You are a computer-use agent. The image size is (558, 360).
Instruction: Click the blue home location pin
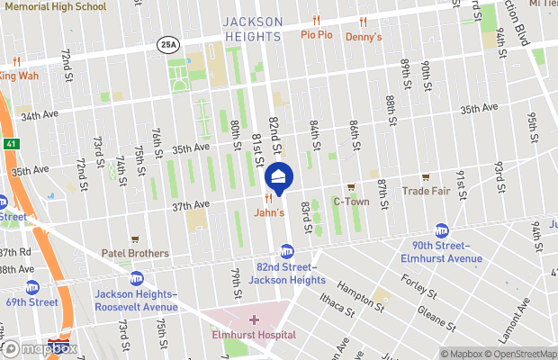pyautogui.click(x=279, y=177)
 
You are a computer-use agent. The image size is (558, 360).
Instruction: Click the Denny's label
pyautogui.click(x=364, y=37)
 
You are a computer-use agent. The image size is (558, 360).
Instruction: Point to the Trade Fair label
pyautogui.click(x=425, y=190)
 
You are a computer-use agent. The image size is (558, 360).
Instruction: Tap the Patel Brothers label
pyautogui.click(x=134, y=253)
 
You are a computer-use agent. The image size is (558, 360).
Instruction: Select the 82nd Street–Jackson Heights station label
pyautogui.click(x=286, y=274)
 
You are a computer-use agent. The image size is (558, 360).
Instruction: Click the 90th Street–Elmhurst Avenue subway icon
pyautogui.click(x=442, y=230)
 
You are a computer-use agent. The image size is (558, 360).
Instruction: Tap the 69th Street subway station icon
pyautogui.click(x=32, y=287)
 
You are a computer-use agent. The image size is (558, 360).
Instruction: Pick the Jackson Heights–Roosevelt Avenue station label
pyautogui.click(x=136, y=301)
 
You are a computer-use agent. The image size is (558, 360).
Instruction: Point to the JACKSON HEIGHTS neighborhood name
pyautogui.click(x=253, y=28)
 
